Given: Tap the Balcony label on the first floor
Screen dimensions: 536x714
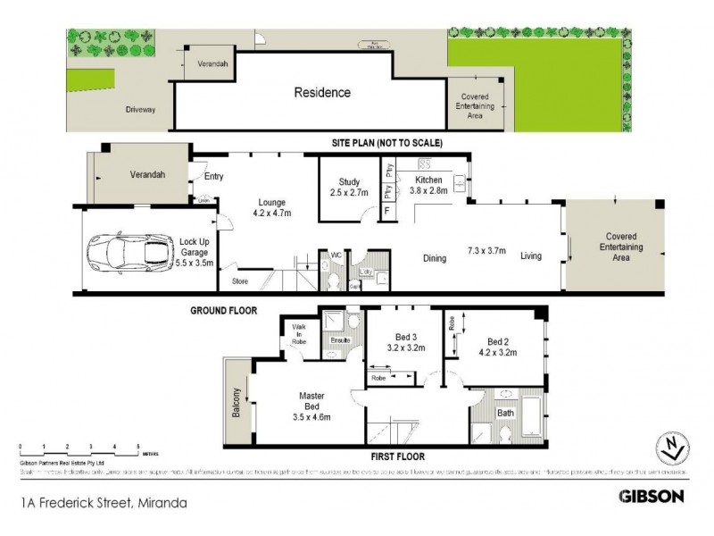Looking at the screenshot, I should (x=237, y=402).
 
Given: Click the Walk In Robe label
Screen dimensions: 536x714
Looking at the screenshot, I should (x=300, y=334).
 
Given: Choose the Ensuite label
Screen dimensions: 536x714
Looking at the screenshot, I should (x=338, y=341).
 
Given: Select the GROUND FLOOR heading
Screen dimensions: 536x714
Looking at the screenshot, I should (x=224, y=311).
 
